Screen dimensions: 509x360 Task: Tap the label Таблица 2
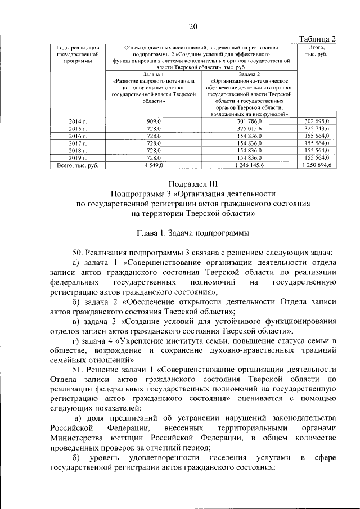pyautogui.click(x=316, y=38)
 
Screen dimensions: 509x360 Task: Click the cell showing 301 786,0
pyautogui.click(x=250, y=121)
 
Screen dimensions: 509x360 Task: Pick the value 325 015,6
pyautogui.click(x=250, y=129)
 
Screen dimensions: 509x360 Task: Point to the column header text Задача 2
pyautogui.click(x=250, y=74)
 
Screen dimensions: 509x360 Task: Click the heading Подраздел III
pyautogui.click(x=193, y=184)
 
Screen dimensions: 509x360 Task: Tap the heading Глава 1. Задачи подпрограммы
pyautogui.click(x=193, y=232)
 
